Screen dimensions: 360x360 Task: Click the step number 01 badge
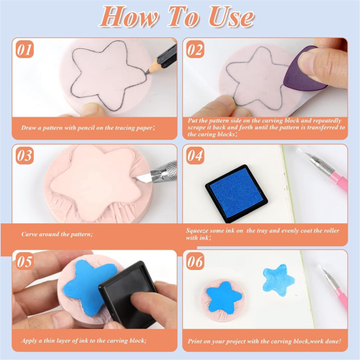(24, 50)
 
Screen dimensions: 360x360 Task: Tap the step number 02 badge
(195, 50)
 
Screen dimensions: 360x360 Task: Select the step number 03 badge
(24, 156)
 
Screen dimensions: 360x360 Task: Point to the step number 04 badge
(195, 156)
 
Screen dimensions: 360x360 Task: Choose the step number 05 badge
(24, 261)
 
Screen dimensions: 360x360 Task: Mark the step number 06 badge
(195, 261)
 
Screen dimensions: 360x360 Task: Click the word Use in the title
(231, 17)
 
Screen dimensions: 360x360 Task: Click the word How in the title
(129, 17)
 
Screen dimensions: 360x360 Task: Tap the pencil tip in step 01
(147, 72)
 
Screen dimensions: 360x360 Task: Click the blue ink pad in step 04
(236, 194)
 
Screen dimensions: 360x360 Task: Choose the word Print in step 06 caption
(194, 341)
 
